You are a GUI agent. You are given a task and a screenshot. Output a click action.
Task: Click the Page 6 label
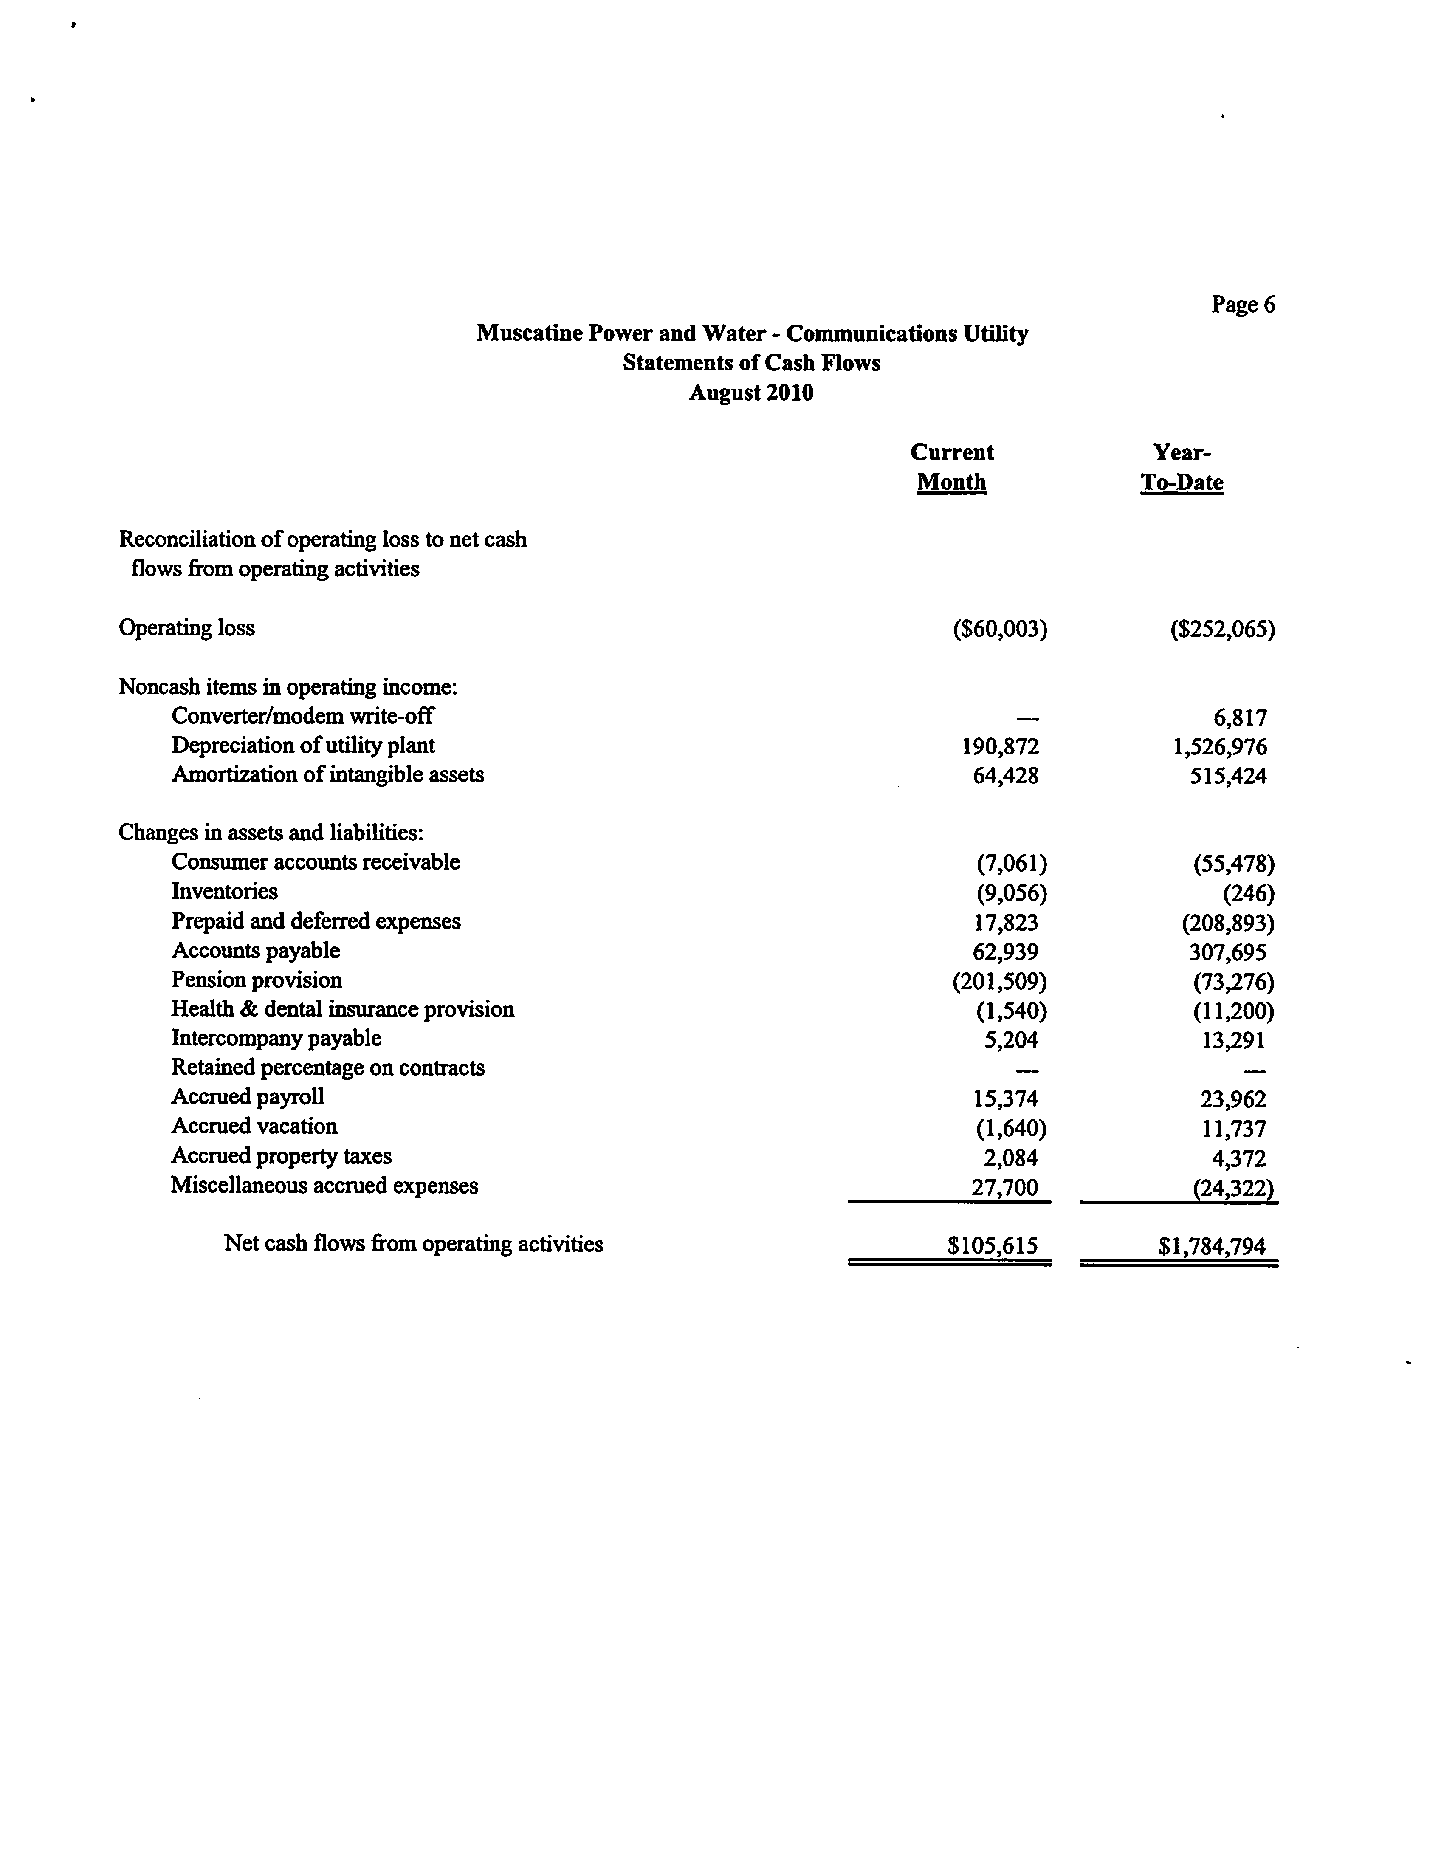[1242, 305]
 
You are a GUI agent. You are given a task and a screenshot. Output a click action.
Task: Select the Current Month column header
[951, 467]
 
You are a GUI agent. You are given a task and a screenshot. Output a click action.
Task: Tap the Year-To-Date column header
[1181, 467]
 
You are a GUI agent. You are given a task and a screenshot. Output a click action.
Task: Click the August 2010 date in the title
[751, 393]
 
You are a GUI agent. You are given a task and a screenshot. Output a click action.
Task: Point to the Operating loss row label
[186, 627]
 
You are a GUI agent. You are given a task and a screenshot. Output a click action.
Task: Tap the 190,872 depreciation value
[1000, 747]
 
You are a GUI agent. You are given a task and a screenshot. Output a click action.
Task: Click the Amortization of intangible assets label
[327, 774]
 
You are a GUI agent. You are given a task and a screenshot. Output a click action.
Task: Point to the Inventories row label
[224, 891]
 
